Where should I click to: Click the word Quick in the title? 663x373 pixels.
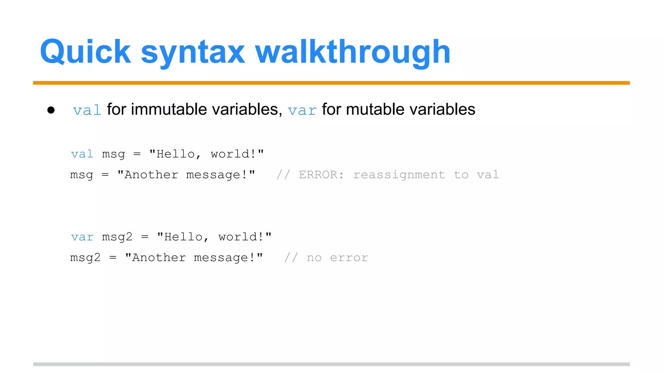click(85, 52)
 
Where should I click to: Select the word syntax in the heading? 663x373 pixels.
click(193, 52)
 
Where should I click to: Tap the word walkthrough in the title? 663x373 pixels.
click(353, 52)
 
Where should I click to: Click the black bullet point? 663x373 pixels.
click(51, 110)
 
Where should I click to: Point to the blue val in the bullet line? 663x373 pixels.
click(87, 110)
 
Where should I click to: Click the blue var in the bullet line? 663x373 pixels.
click(302, 110)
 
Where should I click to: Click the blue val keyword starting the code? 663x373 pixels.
click(82, 154)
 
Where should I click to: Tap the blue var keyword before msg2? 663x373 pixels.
click(82, 237)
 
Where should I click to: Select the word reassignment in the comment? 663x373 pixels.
click(399, 175)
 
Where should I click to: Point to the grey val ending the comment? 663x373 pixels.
click(488, 175)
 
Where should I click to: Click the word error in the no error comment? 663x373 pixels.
click(349, 257)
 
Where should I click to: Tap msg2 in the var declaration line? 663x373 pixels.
click(117, 237)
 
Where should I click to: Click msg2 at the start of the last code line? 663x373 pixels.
click(85, 258)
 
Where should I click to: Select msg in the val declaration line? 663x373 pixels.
click(113, 154)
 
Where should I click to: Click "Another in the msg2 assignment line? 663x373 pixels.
click(156, 257)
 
